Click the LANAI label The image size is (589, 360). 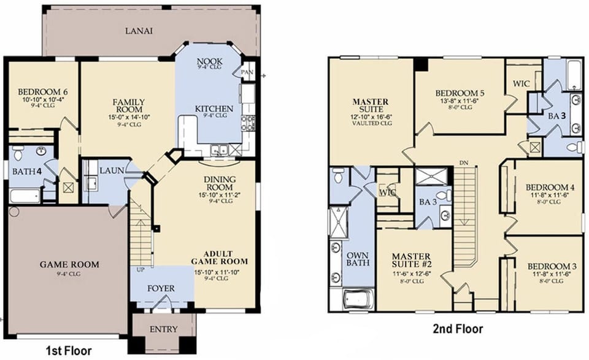(x=139, y=30)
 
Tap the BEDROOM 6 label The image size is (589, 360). (x=43, y=92)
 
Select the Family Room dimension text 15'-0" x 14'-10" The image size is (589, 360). (x=128, y=117)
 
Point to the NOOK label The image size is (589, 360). (x=209, y=61)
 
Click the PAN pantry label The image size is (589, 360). (x=248, y=72)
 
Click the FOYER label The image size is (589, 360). (x=161, y=288)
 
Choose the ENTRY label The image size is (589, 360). (x=163, y=329)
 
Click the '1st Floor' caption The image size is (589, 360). (x=69, y=351)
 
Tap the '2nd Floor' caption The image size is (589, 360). (x=458, y=329)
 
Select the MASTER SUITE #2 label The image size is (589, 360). (x=414, y=260)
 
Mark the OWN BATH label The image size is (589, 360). (x=357, y=259)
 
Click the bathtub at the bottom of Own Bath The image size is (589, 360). (x=358, y=299)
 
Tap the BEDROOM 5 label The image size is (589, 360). (x=459, y=93)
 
